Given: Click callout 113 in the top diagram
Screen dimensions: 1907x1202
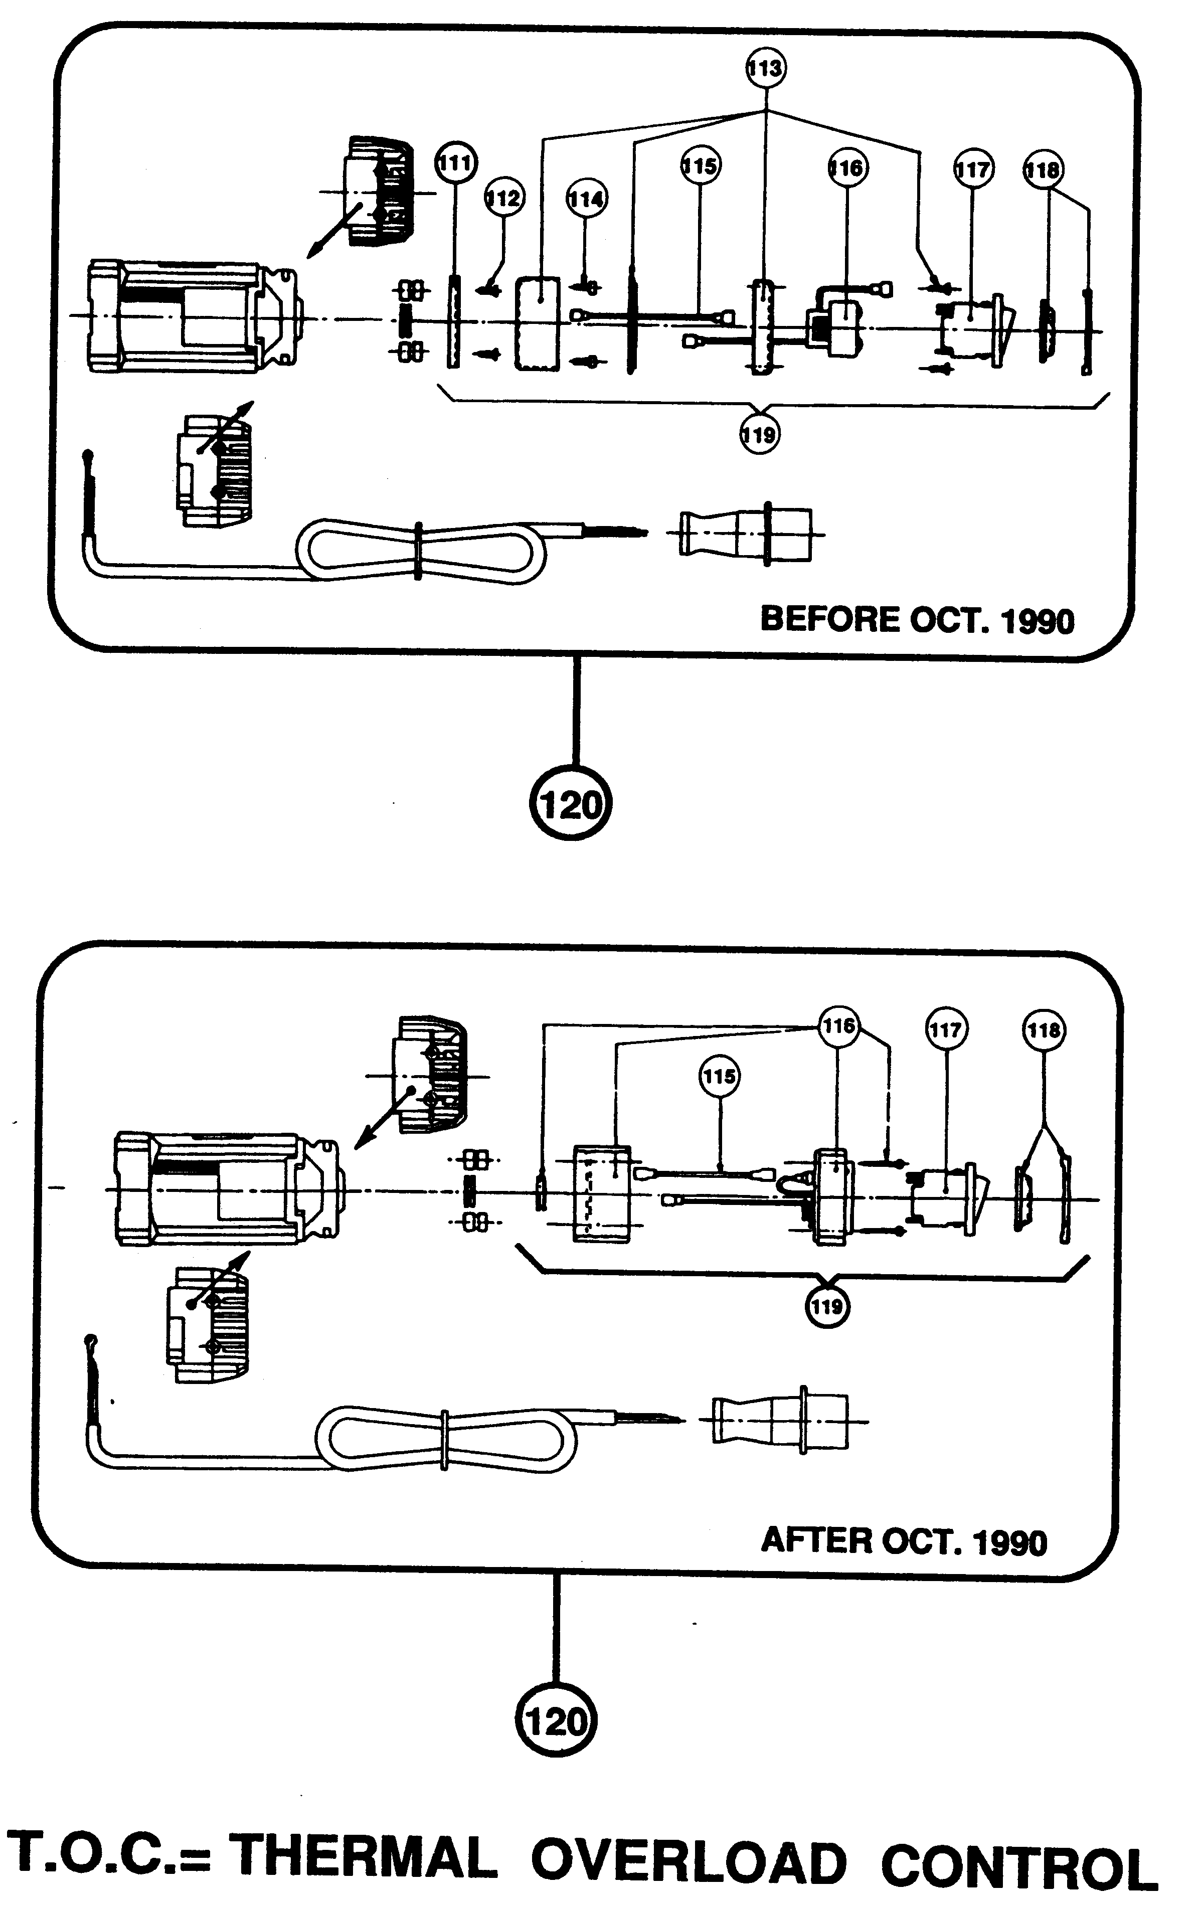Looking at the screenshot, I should (x=765, y=68).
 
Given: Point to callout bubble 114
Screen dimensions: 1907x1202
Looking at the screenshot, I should (x=586, y=199).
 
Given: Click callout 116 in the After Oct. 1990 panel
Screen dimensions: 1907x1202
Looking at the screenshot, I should (x=838, y=1026).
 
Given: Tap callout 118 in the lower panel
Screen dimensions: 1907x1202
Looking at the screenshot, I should (x=1044, y=1030).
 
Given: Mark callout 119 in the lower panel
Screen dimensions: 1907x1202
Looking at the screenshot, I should (x=827, y=1306).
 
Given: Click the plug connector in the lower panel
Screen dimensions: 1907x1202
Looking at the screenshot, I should (x=780, y=1422).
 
